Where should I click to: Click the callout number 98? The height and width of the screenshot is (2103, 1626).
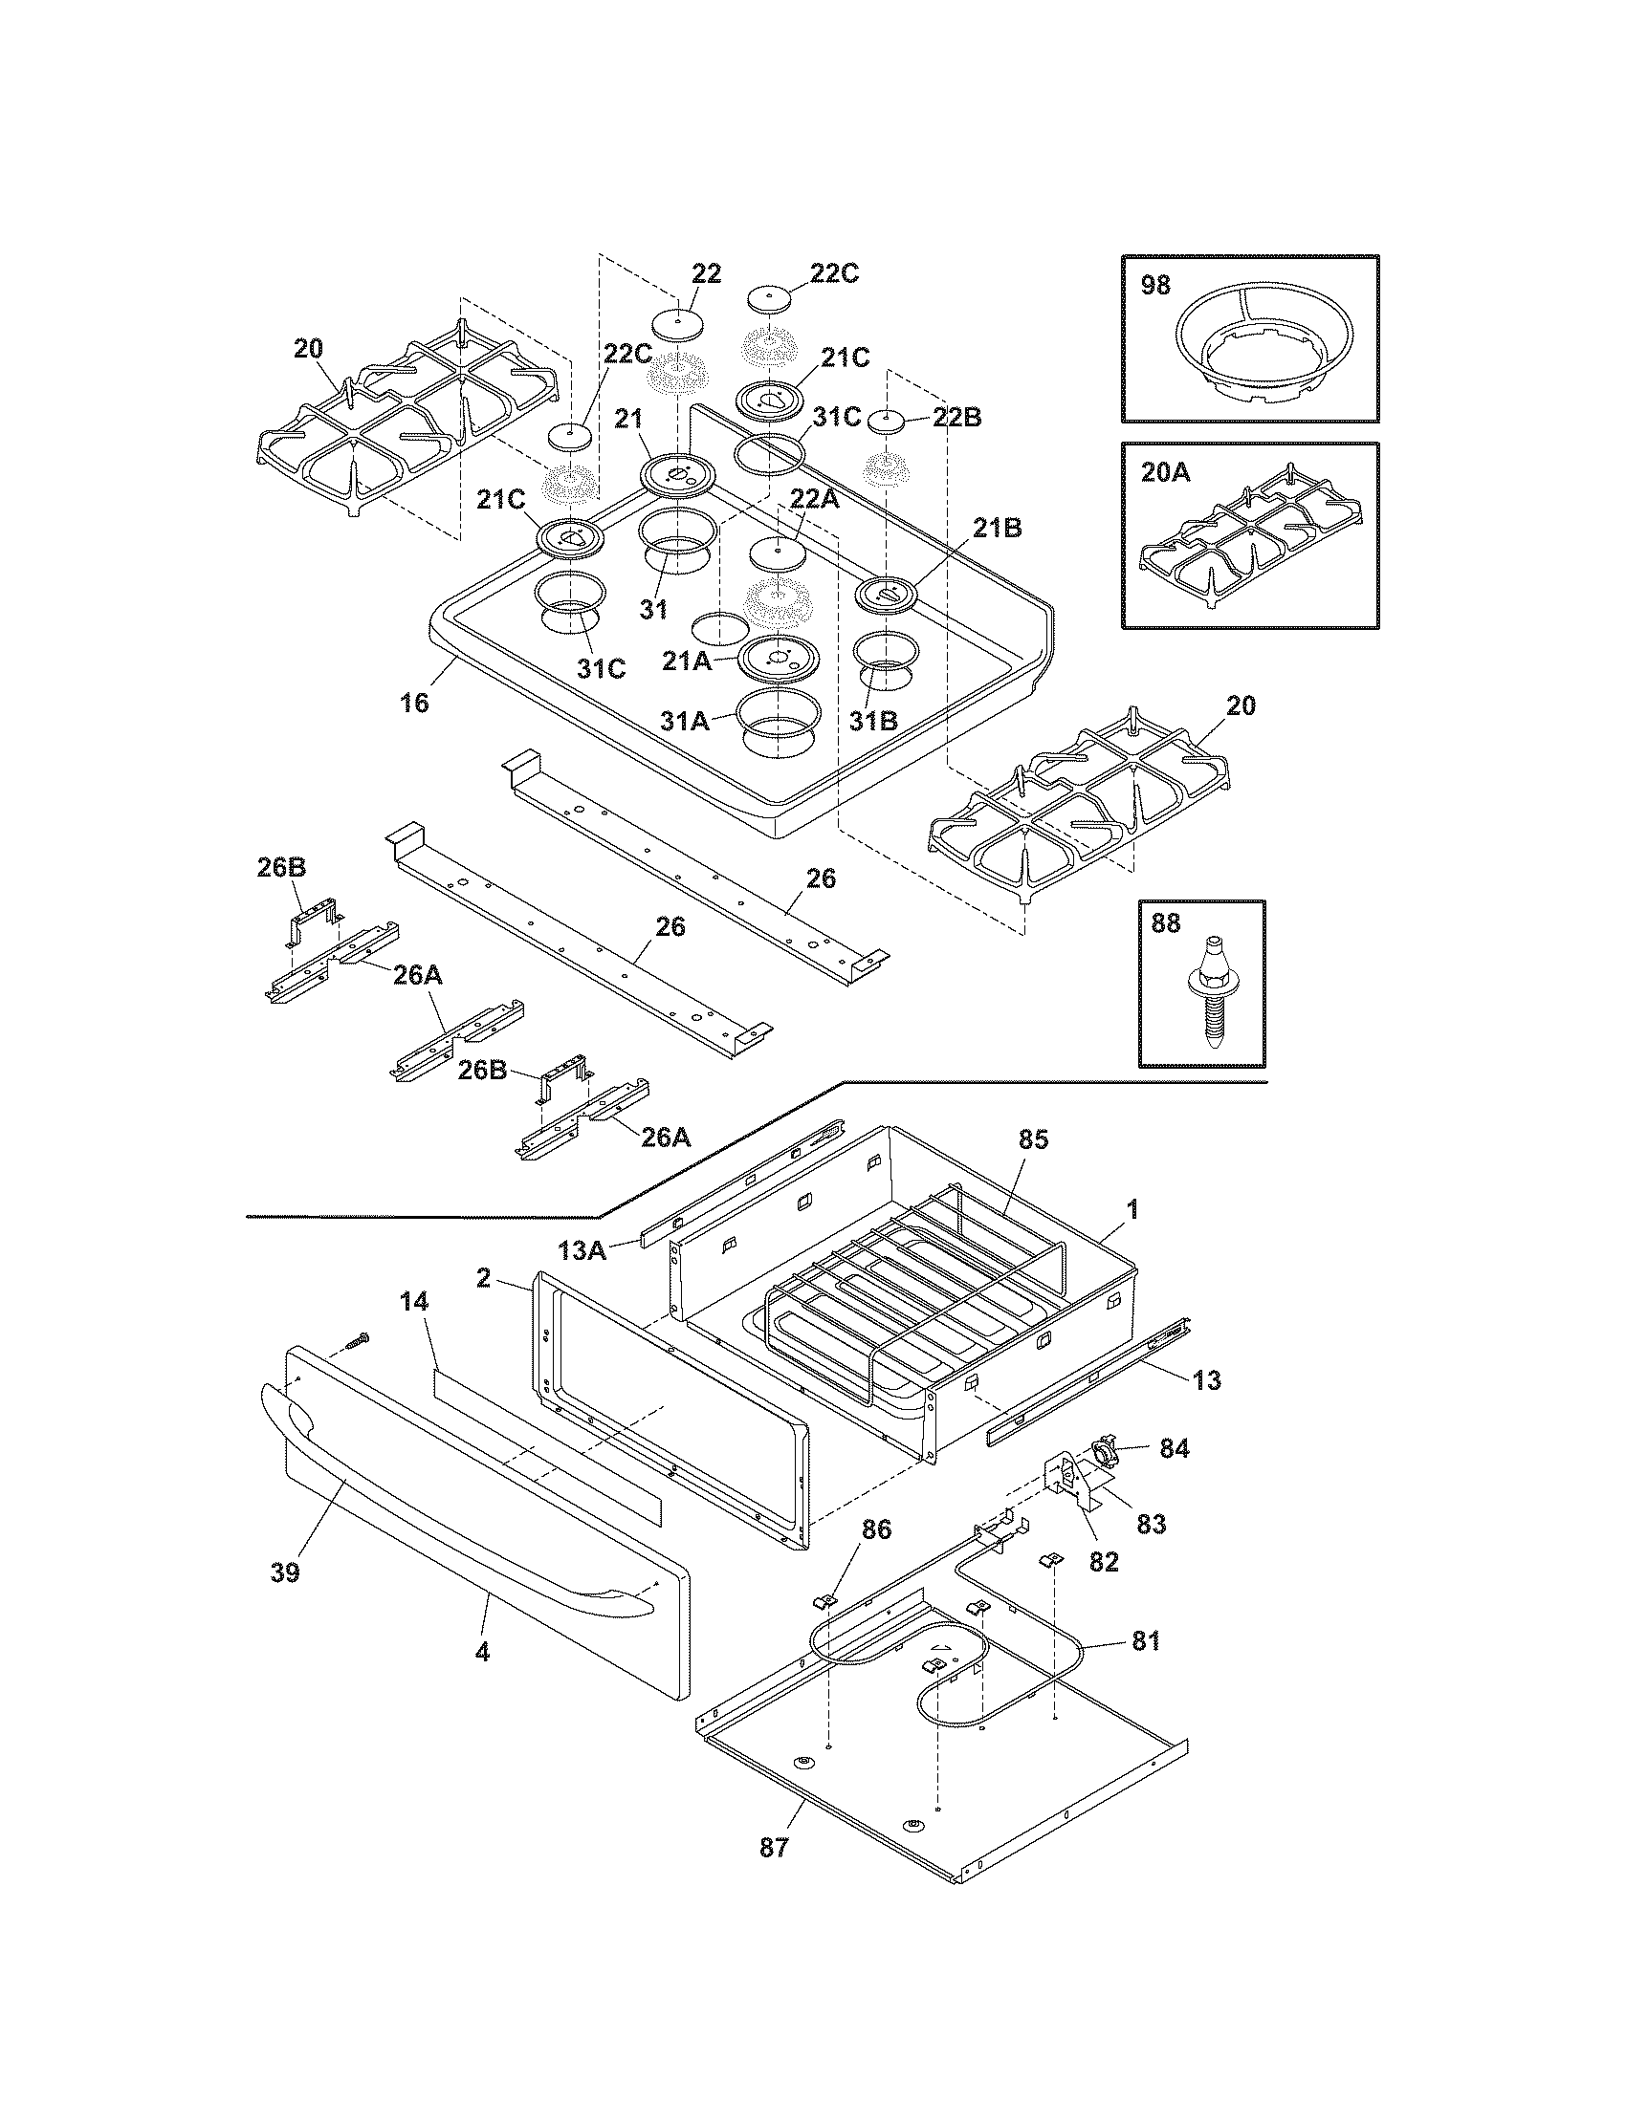click(x=1156, y=286)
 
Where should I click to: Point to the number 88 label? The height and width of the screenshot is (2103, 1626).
click(x=1165, y=923)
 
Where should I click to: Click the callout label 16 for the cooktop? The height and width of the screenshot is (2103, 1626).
click(x=414, y=703)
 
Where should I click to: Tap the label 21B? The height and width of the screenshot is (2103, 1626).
click(x=997, y=528)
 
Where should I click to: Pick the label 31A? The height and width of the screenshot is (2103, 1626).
click(x=685, y=719)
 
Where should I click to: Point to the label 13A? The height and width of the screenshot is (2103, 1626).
click(x=582, y=1251)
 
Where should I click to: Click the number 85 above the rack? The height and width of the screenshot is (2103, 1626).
click(x=1033, y=1140)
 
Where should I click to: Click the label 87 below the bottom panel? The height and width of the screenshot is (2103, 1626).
click(x=774, y=1848)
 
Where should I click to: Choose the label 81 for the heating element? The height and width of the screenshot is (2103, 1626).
click(x=1146, y=1640)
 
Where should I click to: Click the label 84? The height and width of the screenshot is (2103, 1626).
click(x=1175, y=1448)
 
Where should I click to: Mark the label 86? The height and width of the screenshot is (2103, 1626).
click(x=875, y=1529)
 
